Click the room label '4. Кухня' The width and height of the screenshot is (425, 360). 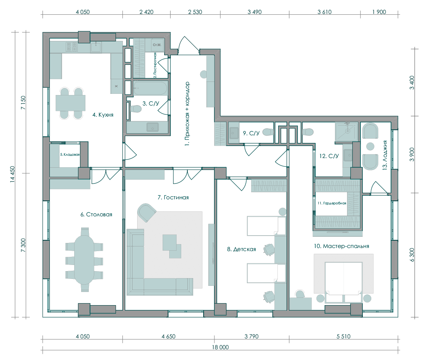pos(103,115)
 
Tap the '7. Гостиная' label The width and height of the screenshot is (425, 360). pos(173,197)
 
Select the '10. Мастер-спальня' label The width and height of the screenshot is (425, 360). pos(342,246)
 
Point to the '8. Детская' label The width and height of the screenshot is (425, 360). pos(241,249)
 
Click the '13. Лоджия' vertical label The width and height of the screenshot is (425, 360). pos(384,155)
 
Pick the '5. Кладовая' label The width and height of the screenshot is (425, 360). pos(70,155)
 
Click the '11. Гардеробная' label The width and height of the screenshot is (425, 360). pos(332,203)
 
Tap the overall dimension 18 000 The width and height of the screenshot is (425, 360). pos(220,347)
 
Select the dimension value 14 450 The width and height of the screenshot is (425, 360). pos(12,174)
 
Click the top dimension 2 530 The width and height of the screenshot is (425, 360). pos(195,12)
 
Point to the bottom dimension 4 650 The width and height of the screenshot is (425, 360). pos(168,336)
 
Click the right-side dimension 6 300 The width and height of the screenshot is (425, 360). pos(412,255)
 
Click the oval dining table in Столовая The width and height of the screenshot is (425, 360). pos(84,260)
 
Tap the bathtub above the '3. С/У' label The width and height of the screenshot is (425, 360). pos(150,88)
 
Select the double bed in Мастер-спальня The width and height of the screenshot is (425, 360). pos(344,282)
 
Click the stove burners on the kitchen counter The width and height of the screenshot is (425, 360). pos(71,47)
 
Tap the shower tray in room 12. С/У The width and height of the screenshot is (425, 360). pos(347,132)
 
